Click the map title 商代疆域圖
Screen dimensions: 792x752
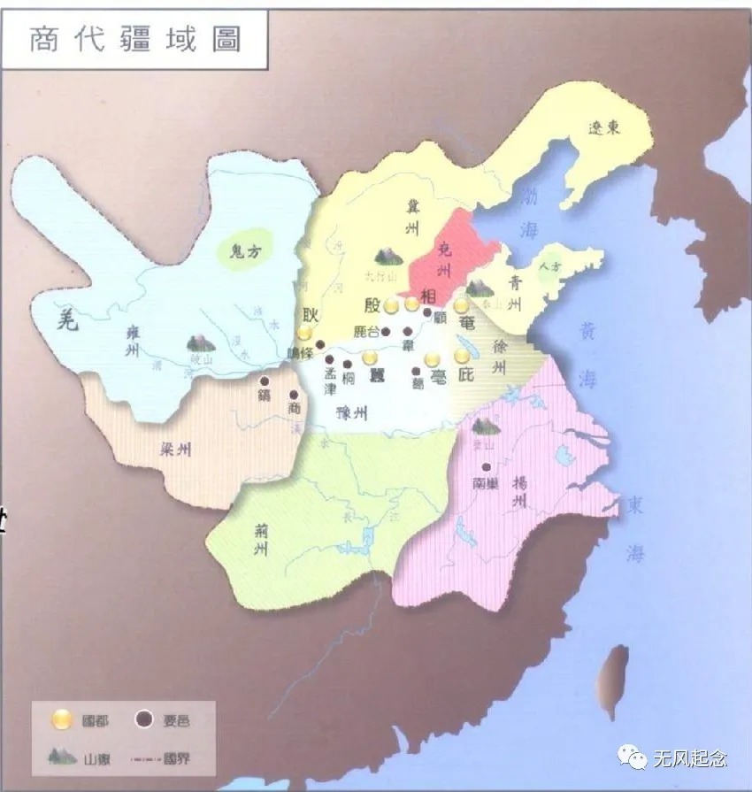pyautogui.click(x=134, y=39)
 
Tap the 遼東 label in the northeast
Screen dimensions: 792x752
pyautogui.click(x=605, y=128)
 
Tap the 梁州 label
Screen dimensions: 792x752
pyautogui.click(x=176, y=450)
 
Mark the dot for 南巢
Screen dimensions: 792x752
pyautogui.click(x=486, y=466)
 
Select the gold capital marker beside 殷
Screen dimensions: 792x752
pyautogui.click(x=391, y=306)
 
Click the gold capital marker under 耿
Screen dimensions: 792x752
pyautogui.click(x=305, y=333)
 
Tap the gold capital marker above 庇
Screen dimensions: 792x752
pyautogui.click(x=461, y=356)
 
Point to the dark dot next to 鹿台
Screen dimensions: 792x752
pyautogui.click(x=384, y=332)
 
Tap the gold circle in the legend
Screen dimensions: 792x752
pyautogui.click(x=61, y=719)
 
